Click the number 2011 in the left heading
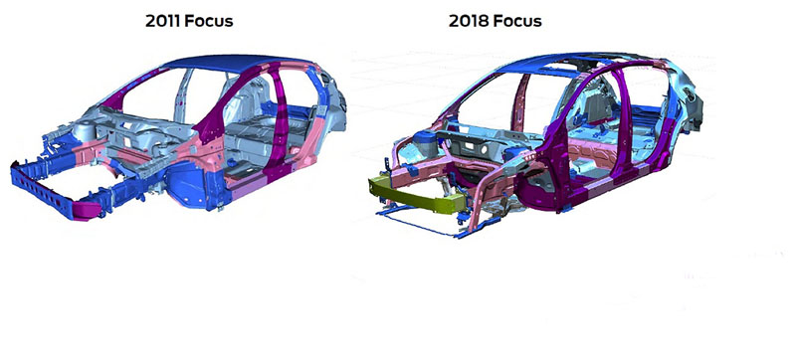pyautogui.click(x=163, y=21)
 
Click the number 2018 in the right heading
pyautogui.click(x=467, y=21)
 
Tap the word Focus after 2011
pyautogui.click(x=209, y=21)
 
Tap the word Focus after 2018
pyautogui.click(x=515, y=21)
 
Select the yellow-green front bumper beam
pyautogui.click(x=416, y=196)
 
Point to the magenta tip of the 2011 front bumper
pyautogui.click(x=87, y=210)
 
